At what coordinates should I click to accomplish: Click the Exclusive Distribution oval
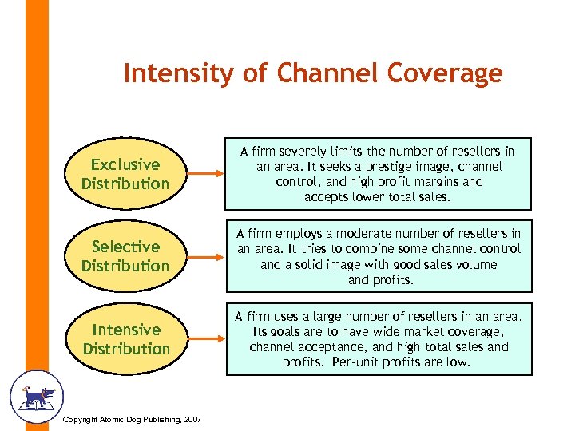pos(125,174)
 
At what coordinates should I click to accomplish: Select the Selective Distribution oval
pos(125,256)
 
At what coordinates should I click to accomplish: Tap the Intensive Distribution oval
pos(125,339)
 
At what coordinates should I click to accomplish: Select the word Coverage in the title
pos(445,73)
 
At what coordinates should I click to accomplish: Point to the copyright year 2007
pos(192,421)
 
